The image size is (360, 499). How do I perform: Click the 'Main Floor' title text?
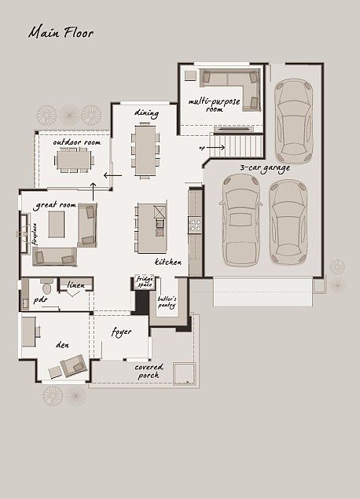click(x=61, y=33)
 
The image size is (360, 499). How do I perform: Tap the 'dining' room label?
click(x=146, y=113)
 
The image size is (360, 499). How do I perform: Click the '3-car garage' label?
click(x=265, y=167)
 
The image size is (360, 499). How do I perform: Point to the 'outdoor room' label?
click(x=76, y=142)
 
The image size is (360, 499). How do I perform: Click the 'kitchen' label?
click(x=168, y=262)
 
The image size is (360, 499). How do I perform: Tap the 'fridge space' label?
click(x=144, y=282)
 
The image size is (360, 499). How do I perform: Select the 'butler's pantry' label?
click(x=167, y=303)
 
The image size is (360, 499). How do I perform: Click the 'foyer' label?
click(x=121, y=332)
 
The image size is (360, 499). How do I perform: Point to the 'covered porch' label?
click(x=149, y=371)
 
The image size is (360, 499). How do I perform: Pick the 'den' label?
click(x=62, y=344)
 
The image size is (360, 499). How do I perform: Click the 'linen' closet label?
click(x=75, y=284)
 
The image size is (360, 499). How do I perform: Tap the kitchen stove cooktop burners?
click(x=195, y=226)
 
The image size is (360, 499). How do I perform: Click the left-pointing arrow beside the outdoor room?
click(x=113, y=174)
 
